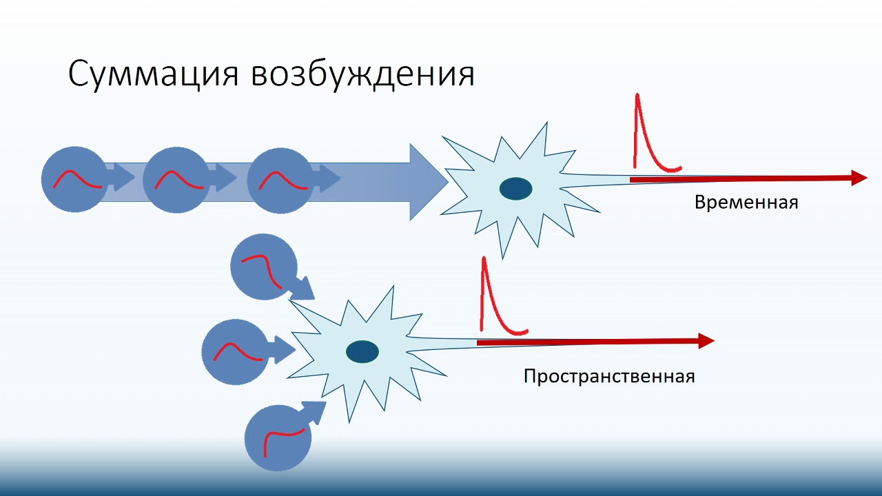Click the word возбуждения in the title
point(362,74)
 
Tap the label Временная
point(746,203)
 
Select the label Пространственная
point(608,377)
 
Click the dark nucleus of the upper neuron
point(515,189)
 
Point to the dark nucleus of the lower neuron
point(362,352)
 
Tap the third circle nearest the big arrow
point(280,180)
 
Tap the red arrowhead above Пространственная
point(706,340)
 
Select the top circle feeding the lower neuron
point(263,266)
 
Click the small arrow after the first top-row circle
point(123,180)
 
